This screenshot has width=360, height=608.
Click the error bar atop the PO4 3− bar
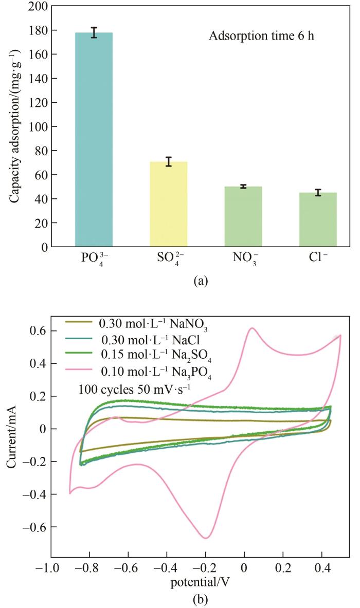pos(94,32)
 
